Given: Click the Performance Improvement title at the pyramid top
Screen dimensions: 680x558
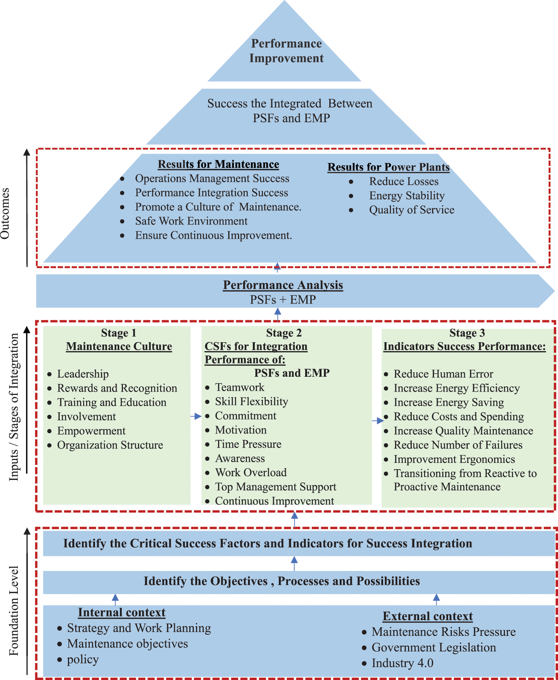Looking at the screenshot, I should pyautogui.click(x=286, y=51).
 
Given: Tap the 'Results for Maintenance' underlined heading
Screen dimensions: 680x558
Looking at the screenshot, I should pyautogui.click(x=218, y=164).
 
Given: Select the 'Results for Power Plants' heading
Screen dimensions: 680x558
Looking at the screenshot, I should pyautogui.click(x=388, y=167).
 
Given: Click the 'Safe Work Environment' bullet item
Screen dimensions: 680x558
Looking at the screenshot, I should pyautogui.click(x=191, y=221).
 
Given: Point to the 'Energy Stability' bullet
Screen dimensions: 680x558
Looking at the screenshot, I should pyautogui.click(x=407, y=196).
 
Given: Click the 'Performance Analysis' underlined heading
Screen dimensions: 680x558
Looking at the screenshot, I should pyautogui.click(x=283, y=285).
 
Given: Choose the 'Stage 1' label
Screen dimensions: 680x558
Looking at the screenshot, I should pyautogui.click(x=118, y=333).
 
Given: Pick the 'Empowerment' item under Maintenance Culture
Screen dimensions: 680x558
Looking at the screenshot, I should pyautogui.click(x=91, y=431).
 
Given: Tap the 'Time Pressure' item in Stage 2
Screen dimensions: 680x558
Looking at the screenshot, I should pyautogui.click(x=248, y=444).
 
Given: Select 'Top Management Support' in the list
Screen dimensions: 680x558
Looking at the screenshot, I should pyautogui.click(x=275, y=487).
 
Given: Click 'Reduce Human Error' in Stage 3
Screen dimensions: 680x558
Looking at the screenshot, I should pyautogui.click(x=443, y=374).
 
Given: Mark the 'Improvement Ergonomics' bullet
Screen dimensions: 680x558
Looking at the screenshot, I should pyautogui.click(x=454, y=460).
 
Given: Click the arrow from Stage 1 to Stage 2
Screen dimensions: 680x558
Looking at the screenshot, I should pyautogui.click(x=196, y=416).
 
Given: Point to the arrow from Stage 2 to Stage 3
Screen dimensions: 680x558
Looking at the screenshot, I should pyautogui.click(x=378, y=421).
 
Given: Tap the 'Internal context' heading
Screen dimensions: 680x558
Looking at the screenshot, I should pyautogui.click(x=122, y=612).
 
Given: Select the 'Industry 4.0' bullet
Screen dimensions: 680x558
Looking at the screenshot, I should pyautogui.click(x=402, y=663).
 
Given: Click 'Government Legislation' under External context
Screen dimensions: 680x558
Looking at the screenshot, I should pyautogui.click(x=434, y=648).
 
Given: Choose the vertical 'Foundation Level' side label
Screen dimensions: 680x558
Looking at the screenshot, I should pyautogui.click(x=14, y=611).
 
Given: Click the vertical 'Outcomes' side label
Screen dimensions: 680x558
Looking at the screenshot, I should pyautogui.click(x=5, y=213).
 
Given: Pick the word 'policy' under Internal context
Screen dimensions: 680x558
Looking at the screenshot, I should pyautogui.click(x=83, y=660).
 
